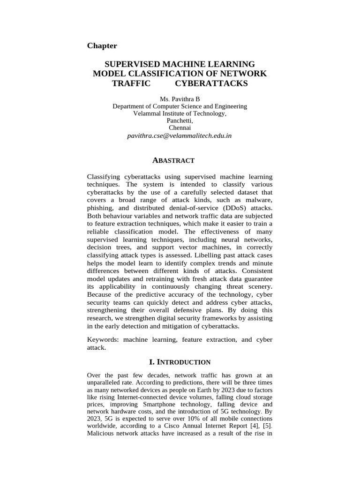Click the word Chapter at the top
pyautogui.click(x=102, y=45)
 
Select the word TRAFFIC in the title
pyautogui.click(x=131, y=83)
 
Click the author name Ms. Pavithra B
pyautogui.click(x=180, y=99)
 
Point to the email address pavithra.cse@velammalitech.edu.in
pyautogui.click(x=180, y=135)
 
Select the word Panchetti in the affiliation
pyautogui.click(x=180, y=120)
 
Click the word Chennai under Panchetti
pyautogui.click(x=180, y=127)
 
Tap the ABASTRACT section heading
pyautogui.click(x=173, y=161)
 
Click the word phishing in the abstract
pyautogui.click(x=101, y=208)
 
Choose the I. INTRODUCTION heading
pyautogui.click(x=180, y=362)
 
